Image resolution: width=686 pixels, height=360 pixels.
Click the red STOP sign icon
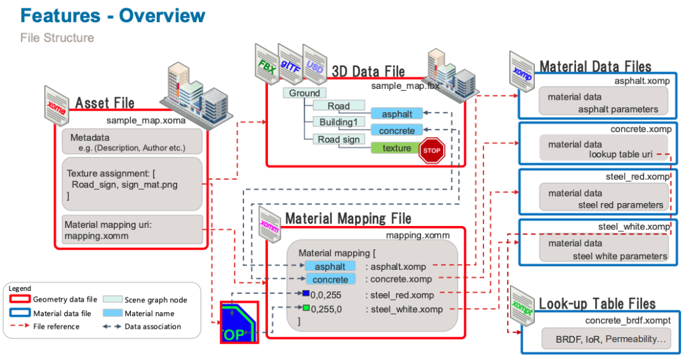point(431,150)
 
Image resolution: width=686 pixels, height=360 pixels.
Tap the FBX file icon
point(267,64)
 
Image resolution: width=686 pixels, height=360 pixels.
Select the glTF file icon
point(290,64)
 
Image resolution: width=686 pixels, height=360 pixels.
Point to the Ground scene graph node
point(304,93)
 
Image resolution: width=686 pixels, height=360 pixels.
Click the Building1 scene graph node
point(339,122)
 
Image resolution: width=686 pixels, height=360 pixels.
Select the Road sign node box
point(339,140)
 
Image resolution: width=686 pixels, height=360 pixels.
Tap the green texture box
point(396,148)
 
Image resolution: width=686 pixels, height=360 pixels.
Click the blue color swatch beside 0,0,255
point(306,293)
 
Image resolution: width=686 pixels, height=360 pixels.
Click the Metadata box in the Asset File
point(132,142)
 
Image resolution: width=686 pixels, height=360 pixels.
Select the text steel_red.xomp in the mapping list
point(402,295)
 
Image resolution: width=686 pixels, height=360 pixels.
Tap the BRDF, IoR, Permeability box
point(607,339)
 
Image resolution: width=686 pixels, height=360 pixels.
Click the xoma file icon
point(57,106)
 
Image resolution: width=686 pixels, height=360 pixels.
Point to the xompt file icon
point(522,306)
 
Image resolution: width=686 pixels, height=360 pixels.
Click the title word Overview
point(162,16)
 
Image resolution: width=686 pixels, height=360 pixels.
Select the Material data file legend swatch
point(20,313)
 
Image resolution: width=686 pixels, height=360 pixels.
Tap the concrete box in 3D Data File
point(397,130)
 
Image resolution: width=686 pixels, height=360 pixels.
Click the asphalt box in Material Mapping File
point(330,267)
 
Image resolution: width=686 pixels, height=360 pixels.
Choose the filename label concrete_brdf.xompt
point(628,321)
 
